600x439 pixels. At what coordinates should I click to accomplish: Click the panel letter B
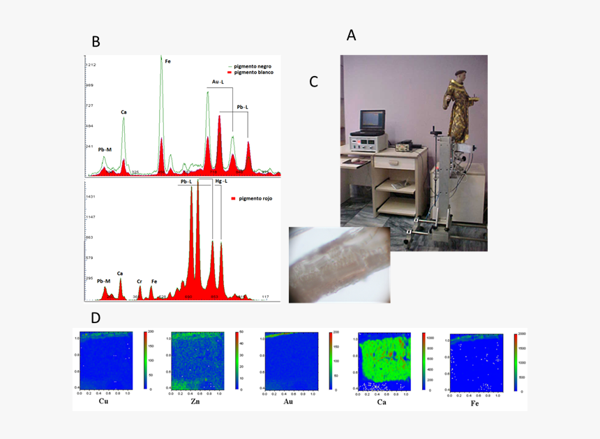coord(96,41)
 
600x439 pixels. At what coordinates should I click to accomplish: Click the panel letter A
coord(351,34)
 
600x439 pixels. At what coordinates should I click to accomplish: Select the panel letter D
coord(95,318)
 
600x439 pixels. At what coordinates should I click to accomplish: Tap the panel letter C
coord(313,82)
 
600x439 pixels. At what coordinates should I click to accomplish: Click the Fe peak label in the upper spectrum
coord(167,61)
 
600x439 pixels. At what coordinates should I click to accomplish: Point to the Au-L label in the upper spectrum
coord(218,82)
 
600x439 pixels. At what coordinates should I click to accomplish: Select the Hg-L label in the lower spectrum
coord(221,181)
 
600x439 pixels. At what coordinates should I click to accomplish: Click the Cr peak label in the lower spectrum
coord(140,281)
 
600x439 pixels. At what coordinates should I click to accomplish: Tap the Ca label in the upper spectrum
coord(123,112)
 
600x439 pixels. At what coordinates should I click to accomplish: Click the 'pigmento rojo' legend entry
coord(255,199)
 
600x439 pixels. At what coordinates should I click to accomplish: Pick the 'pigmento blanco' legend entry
coord(254,73)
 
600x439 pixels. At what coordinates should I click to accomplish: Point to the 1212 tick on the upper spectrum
coord(90,65)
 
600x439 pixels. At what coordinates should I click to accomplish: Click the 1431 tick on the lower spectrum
coord(90,197)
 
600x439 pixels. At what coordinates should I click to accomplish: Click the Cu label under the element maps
coord(104,402)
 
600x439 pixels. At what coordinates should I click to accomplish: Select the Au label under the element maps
coord(288,402)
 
